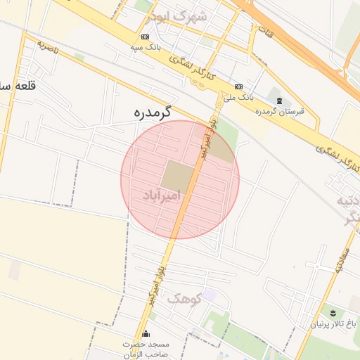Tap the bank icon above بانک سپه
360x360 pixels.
point(145,37)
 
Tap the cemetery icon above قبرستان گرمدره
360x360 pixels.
point(281,101)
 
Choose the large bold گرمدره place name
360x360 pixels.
point(153,112)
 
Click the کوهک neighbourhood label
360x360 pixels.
point(184,298)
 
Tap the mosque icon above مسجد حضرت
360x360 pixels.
point(146,333)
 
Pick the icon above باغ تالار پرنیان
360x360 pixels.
point(333,311)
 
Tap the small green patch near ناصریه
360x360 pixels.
point(79,56)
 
